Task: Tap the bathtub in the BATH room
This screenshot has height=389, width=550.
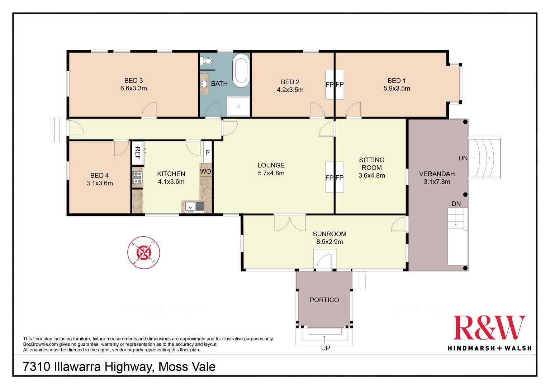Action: tap(241, 71)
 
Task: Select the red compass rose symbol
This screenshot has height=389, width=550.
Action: tap(144, 252)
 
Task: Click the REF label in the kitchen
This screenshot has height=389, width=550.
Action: tap(138, 153)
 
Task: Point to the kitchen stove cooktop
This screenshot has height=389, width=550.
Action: tap(138, 177)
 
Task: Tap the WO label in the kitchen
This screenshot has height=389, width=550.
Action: tap(205, 171)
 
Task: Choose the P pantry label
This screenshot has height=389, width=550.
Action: tap(208, 153)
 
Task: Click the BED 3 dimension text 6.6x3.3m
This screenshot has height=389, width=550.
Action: tap(134, 88)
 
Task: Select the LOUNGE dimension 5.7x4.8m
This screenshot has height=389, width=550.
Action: tap(271, 173)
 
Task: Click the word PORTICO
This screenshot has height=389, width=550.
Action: tap(324, 300)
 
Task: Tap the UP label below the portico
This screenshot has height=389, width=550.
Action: tap(326, 348)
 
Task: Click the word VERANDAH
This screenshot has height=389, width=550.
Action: tap(437, 174)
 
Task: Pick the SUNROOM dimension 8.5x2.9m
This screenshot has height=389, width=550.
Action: tap(329, 242)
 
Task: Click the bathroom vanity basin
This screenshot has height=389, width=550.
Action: tap(204, 84)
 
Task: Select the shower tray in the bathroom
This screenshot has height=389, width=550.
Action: tap(238, 106)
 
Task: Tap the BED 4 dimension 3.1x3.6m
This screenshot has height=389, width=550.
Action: tap(100, 183)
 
